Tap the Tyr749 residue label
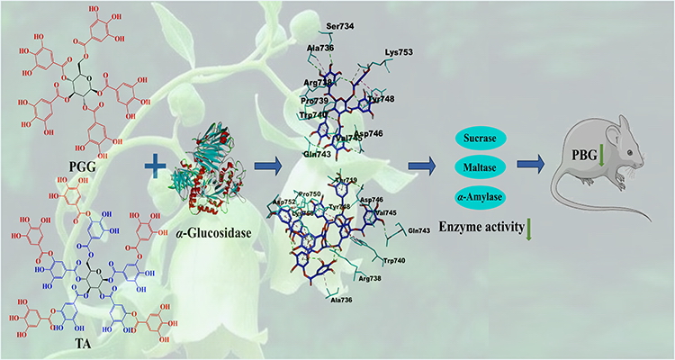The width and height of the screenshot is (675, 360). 346,181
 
